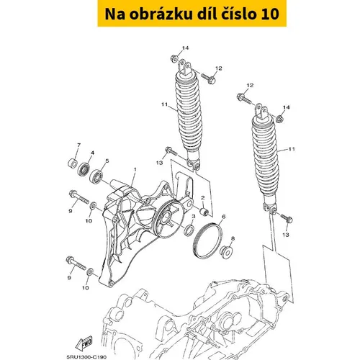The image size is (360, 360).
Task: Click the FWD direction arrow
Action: coord(84,343)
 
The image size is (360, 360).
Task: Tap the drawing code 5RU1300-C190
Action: coord(86,357)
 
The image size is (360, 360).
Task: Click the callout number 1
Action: coord(135,170)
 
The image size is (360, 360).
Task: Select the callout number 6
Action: coord(224,217)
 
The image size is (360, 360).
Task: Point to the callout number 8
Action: coord(233,238)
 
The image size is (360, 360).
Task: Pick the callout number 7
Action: coord(78,145)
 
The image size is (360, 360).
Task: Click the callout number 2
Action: coord(203,198)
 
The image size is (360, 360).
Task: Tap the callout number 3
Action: coord(194,217)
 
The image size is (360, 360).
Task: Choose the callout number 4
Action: coord(92,153)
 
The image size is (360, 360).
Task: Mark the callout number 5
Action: coord(107,161)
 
